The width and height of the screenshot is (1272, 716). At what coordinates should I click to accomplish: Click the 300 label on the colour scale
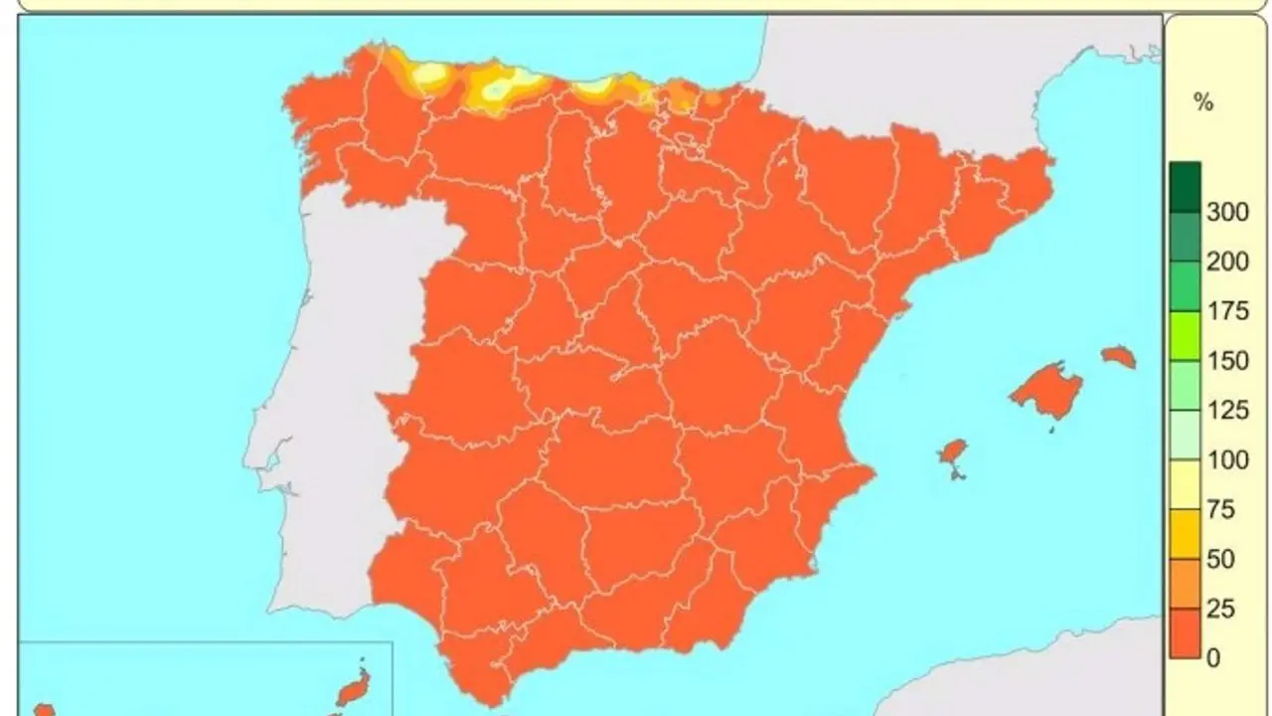[1227, 211]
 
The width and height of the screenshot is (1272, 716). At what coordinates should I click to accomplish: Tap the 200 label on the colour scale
[1227, 262]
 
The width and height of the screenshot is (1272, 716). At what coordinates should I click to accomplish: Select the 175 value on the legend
[1227, 311]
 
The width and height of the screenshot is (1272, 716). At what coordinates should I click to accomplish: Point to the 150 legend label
[1227, 361]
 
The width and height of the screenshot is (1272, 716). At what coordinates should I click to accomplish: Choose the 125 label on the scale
[1227, 411]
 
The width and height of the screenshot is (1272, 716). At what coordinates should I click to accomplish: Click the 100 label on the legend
[1227, 460]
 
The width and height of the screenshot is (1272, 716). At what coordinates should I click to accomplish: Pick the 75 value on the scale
[1220, 510]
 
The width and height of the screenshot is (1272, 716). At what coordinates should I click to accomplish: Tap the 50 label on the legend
[1220, 559]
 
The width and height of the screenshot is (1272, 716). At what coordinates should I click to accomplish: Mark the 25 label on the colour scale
[1220, 609]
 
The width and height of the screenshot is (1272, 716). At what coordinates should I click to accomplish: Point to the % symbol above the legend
[1203, 101]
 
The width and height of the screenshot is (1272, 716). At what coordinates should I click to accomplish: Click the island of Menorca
[1119, 356]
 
